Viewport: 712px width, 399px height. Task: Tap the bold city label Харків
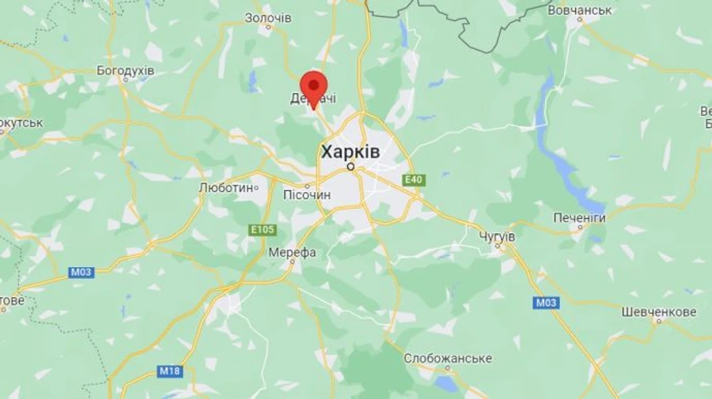[x=350, y=151]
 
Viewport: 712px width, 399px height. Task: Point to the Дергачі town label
[x=314, y=98]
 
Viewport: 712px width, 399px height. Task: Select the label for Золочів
[x=268, y=17]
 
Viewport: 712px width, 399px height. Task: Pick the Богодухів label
[x=125, y=70]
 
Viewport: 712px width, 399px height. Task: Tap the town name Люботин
[x=227, y=188]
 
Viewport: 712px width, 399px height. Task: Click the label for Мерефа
[x=292, y=252]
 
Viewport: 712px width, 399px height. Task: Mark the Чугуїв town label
[x=498, y=236]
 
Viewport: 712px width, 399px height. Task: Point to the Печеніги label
[x=579, y=217]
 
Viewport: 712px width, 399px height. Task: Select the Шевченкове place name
[x=659, y=312]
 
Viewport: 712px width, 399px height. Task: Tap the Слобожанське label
[x=448, y=358]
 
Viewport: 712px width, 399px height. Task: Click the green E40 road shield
[x=414, y=180]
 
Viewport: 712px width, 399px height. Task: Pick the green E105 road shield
[x=263, y=230]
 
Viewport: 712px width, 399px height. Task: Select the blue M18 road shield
[x=170, y=371]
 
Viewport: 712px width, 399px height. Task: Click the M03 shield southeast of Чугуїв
[x=546, y=303]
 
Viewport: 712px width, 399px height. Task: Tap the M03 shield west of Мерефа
[x=81, y=273]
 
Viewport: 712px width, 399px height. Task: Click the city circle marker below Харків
[x=350, y=167]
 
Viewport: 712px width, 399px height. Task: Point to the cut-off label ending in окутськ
[x=21, y=122]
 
